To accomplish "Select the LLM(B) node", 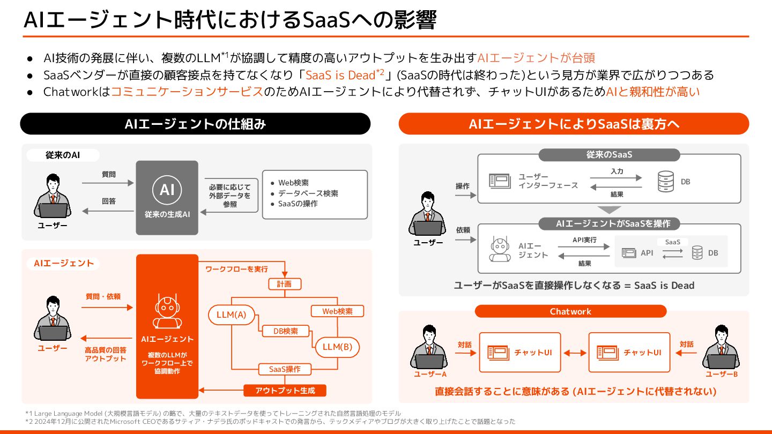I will (337, 347).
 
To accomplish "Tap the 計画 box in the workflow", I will (284, 284).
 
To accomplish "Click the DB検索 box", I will (286, 331).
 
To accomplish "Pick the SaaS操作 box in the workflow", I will (284, 369).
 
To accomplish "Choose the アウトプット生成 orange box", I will (285, 391).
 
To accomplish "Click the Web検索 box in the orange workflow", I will (337, 311).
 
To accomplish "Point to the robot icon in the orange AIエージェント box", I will (167, 311).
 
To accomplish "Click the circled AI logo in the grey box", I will (167, 190).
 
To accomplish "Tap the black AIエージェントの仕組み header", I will (195, 124).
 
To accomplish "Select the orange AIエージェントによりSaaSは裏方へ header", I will (574, 124).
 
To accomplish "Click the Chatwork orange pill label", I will (570, 311).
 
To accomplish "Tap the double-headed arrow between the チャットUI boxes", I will (575, 353).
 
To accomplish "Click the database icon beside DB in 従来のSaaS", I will (666, 182).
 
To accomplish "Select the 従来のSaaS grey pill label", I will (609, 155).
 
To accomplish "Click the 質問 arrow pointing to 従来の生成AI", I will (108, 183).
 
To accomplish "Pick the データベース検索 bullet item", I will (308, 193).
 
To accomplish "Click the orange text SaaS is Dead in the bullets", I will (340, 74).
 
